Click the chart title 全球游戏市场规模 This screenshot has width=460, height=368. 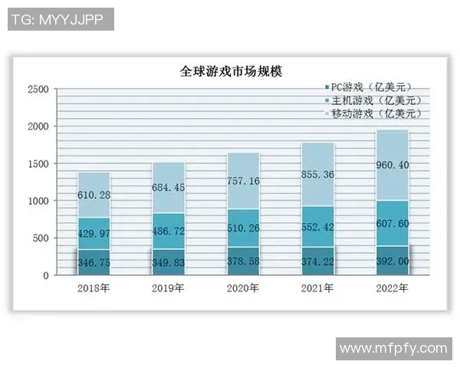pyautogui.click(x=231, y=73)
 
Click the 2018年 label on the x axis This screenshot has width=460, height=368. pyautogui.click(x=94, y=288)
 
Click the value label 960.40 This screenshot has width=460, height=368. pyautogui.click(x=393, y=165)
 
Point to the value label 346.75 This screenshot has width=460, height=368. pyautogui.click(x=94, y=263)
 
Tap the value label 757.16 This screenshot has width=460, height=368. pyautogui.click(x=243, y=182)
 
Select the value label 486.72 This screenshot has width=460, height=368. pyautogui.click(x=168, y=230)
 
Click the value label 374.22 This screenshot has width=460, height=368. pyautogui.click(x=317, y=262)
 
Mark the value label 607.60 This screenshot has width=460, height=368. pyautogui.click(x=393, y=225)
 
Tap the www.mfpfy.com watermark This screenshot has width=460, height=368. pyautogui.click(x=393, y=349)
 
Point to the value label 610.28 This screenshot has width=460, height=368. pyautogui.click(x=94, y=195)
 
